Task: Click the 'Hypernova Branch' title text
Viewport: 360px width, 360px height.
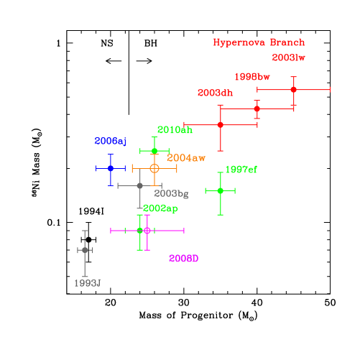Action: pos(259,42)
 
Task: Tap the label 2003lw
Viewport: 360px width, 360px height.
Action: pos(289,58)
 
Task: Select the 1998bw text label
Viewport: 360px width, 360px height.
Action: pos(251,77)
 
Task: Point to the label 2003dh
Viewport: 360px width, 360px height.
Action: pos(215,93)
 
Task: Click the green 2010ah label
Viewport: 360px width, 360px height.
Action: pos(175,130)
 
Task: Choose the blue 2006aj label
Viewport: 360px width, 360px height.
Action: pos(110,142)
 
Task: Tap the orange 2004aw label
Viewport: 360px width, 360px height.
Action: pos(186,158)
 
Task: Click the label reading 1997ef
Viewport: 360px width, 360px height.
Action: pos(241,170)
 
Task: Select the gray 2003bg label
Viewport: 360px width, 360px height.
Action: pos(171,194)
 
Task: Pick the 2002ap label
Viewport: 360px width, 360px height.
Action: pos(160,208)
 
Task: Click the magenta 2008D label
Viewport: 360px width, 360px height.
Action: pos(183,259)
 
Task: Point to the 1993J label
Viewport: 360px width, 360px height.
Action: pos(87,283)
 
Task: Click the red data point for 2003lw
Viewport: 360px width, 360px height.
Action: pos(293,90)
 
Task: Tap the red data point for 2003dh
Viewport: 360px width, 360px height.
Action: pos(221,125)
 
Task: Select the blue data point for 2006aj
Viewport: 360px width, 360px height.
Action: pos(111,168)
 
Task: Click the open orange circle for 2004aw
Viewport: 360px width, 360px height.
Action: pos(154,168)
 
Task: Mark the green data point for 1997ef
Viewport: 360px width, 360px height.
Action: pos(221,190)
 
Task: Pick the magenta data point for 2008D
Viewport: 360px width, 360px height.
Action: pos(147,231)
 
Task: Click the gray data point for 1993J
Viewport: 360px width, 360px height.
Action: pos(85,250)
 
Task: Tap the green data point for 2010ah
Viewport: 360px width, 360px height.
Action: pos(154,151)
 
